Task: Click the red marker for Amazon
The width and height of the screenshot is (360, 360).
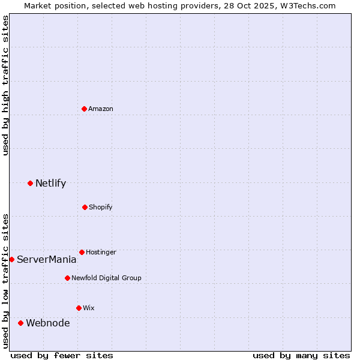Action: [85, 109]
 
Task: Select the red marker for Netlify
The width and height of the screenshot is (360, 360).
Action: [30, 183]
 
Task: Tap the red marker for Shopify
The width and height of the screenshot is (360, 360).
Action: [85, 207]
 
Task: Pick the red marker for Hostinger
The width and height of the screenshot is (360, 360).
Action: [82, 252]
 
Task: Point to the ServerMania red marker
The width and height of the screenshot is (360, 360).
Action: [11, 259]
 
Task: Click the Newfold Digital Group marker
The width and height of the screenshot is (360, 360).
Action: [67, 278]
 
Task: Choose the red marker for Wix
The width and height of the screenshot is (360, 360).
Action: [79, 308]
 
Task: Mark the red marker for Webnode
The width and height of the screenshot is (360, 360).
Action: [20, 323]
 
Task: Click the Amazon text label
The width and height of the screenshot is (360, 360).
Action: [101, 109]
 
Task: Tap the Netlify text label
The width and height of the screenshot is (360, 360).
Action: [50, 183]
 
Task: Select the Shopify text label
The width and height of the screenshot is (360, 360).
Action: [100, 207]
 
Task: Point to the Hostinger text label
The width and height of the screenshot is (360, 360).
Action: [101, 252]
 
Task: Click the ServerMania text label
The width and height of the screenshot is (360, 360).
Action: [46, 259]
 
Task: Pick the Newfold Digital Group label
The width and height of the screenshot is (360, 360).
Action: [106, 278]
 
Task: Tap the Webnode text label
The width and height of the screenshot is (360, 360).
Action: [47, 323]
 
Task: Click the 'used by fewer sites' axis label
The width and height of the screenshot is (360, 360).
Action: [62, 355]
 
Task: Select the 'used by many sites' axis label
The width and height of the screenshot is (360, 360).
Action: [301, 355]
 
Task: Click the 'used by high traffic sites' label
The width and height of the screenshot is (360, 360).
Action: [5, 85]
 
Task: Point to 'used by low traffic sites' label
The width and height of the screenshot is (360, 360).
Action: [5, 280]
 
